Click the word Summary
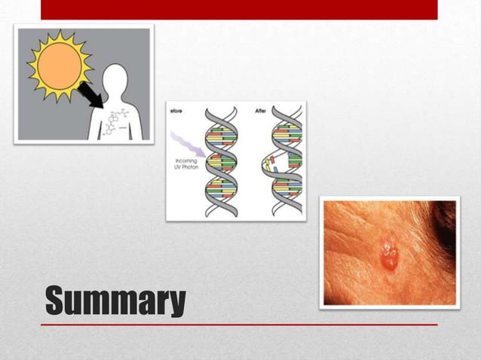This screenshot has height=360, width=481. tap(115, 301)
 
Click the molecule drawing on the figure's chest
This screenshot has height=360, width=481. tap(117, 123)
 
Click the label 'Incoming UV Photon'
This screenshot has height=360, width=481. tap(185, 165)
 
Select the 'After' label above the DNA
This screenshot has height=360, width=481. tap(261, 110)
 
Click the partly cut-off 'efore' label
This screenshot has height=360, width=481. tap(178, 110)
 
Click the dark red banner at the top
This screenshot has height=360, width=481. tap(239, 9)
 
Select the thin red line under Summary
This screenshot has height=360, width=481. tap(239, 325)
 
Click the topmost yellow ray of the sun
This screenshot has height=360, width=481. tap(60, 32)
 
